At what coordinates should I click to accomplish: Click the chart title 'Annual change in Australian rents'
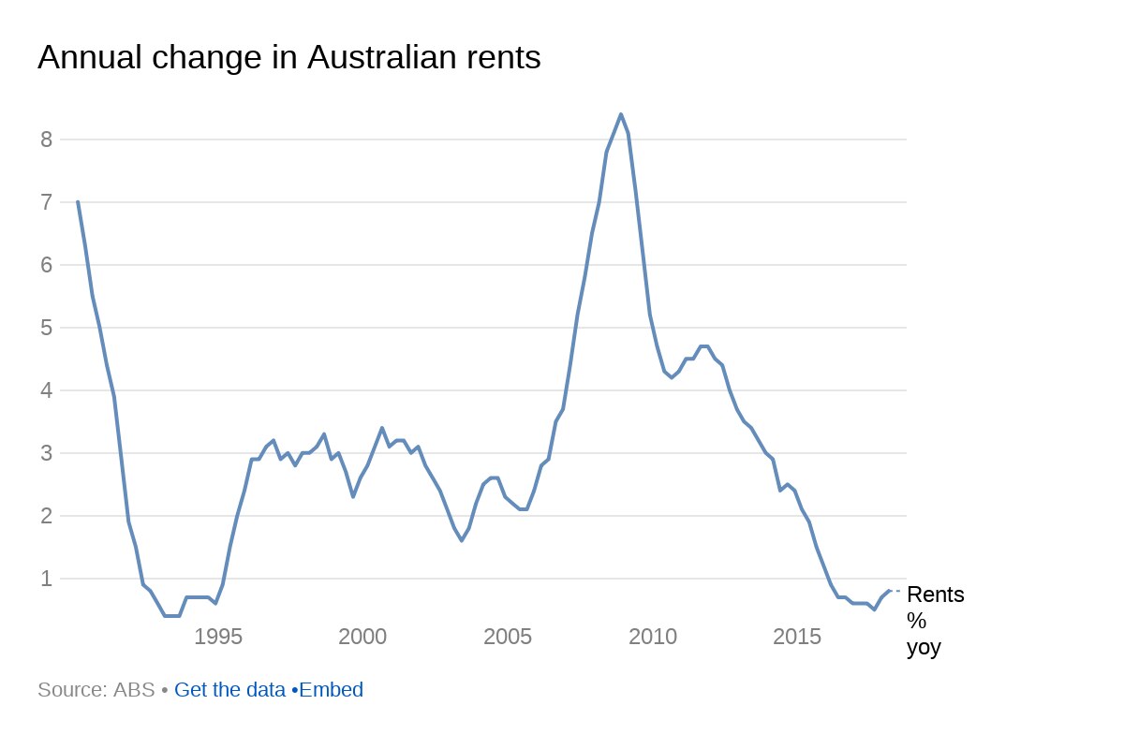point(288,58)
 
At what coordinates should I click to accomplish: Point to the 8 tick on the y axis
point(45,140)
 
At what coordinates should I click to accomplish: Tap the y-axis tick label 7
point(45,202)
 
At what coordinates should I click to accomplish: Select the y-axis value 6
point(45,265)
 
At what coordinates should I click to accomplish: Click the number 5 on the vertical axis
point(45,328)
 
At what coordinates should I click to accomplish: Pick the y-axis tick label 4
point(45,390)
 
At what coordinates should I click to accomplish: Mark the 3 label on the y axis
point(45,453)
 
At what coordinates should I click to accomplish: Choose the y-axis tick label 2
point(45,516)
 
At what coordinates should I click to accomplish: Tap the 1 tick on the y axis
point(45,579)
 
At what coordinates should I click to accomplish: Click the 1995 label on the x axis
point(218,638)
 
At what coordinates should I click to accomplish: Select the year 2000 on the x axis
point(362,638)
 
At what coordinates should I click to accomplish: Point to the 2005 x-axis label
point(508,638)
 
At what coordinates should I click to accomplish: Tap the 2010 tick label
point(653,638)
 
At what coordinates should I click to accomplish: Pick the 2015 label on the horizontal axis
point(797,638)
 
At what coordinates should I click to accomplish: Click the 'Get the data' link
point(229,690)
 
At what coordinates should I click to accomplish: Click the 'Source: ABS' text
point(96,690)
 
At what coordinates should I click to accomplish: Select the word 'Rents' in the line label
point(935,595)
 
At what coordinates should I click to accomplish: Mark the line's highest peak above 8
point(620,114)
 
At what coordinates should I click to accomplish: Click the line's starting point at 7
point(78,201)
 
